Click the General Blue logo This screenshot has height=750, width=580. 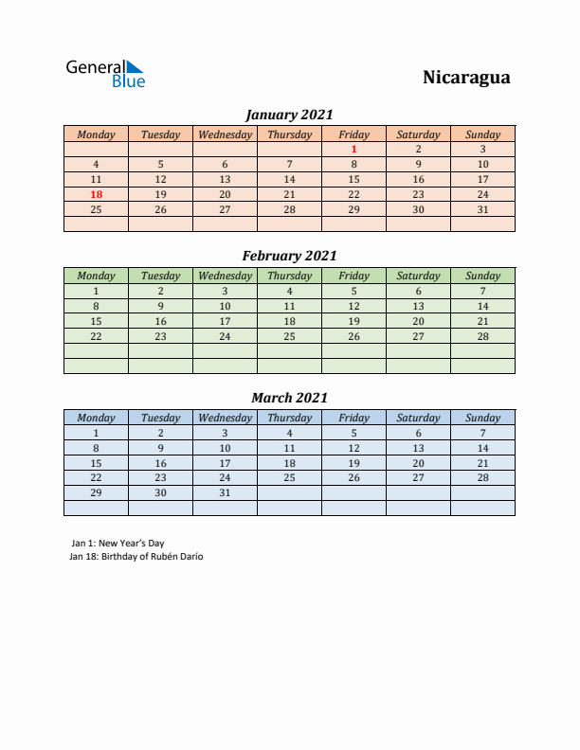coord(104,74)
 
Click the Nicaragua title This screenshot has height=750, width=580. coord(465,78)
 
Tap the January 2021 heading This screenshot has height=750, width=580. coord(289,115)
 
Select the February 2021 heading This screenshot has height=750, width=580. coord(289,256)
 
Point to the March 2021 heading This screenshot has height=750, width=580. coord(289,398)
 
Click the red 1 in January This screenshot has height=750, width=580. coord(353,149)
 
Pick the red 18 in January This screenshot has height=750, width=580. coord(96,194)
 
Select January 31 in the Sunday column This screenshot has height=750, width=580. coord(482,209)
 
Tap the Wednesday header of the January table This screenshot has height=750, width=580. coord(225,134)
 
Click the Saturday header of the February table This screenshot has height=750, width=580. coord(418,276)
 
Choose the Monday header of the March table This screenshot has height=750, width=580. coord(96,418)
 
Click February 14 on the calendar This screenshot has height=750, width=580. coord(482,306)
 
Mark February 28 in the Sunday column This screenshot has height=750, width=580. coord(482,336)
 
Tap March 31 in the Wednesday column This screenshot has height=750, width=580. coord(225,493)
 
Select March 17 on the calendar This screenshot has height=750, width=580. coord(225,463)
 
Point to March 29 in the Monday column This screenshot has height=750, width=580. coord(96,493)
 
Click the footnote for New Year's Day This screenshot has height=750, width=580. coord(118,543)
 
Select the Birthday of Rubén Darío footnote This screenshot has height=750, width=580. coord(136,557)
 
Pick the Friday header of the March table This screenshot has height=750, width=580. coord(353,418)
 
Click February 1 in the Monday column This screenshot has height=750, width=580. coord(96,291)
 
